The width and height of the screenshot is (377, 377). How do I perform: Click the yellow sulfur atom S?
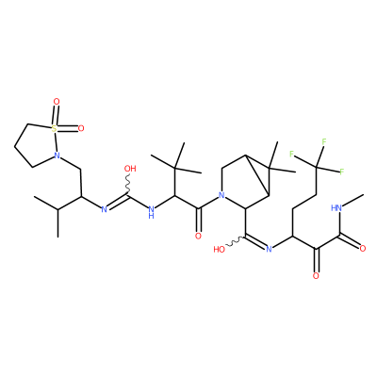coord(55,128)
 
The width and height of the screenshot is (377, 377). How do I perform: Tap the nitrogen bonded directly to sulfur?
coord(57,155)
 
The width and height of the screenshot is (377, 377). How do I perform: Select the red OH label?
coord(130,169)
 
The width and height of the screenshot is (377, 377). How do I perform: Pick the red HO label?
coord(220,250)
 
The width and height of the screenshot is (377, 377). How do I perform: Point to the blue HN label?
coord(336,207)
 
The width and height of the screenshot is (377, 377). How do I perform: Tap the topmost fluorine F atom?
coord(323,141)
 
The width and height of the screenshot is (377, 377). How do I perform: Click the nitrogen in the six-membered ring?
coord(221,196)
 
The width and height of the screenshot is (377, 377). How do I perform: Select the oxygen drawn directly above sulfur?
coord(57,102)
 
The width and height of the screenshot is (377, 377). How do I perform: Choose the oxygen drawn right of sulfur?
coord(81,128)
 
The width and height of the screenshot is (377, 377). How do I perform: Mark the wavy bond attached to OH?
coord(128,185)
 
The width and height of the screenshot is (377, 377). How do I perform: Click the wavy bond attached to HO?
coord(235,242)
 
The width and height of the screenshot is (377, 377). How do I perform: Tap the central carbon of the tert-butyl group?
coord(175,169)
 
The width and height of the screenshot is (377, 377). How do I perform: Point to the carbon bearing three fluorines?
coord(318,166)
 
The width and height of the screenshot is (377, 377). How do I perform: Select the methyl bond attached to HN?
coord(353,201)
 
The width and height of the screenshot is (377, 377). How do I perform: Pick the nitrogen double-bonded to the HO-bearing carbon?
coord(269,250)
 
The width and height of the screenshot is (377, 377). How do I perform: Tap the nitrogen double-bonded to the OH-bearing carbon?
coord(104,209)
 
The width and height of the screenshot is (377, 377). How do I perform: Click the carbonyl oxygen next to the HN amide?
coord(363,249)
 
